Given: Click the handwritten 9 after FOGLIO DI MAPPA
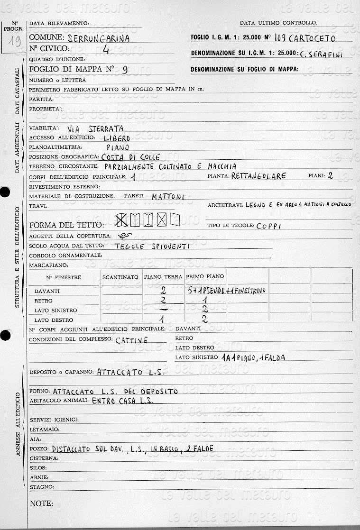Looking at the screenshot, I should click(x=125, y=70).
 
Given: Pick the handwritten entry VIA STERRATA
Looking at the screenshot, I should click(x=95, y=128).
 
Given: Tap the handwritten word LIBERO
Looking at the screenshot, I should click(x=117, y=138).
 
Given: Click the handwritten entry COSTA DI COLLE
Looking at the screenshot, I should click(x=131, y=157).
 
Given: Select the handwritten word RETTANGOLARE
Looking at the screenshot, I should click(x=259, y=176).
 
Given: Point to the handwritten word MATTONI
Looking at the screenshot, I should click(x=168, y=196).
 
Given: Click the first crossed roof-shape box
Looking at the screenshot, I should click(x=122, y=219).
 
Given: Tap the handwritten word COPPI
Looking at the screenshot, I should click(x=268, y=226).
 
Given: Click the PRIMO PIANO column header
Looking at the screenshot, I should click(x=205, y=276).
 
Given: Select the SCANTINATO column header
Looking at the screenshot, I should click(x=120, y=277).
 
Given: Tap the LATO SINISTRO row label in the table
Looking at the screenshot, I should click(x=55, y=311).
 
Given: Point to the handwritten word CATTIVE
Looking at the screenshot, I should click(x=132, y=340).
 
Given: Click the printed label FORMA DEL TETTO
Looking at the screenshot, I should click(x=66, y=225).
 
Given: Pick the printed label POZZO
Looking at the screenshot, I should click(x=39, y=448).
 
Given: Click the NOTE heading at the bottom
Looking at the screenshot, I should click(x=41, y=503).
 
